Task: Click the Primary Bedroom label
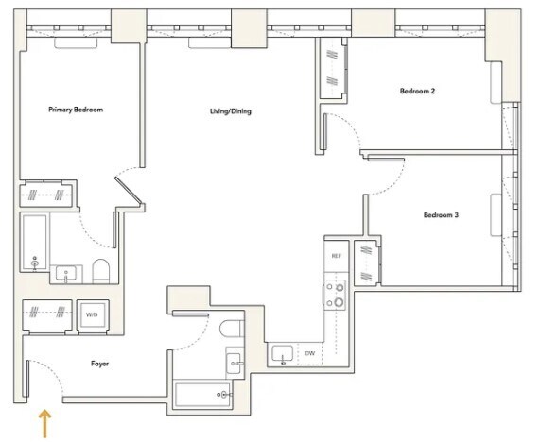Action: [76, 110]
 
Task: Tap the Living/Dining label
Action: [231, 111]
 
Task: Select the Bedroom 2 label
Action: [417, 91]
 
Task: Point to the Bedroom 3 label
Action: [441, 215]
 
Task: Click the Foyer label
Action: [99, 364]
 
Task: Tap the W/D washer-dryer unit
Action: [92, 314]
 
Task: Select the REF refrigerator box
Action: [337, 256]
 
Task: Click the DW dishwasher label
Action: [310, 353]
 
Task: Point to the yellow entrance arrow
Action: [44, 423]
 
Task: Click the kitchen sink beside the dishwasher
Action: [283, 354]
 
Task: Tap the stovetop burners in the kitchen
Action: [335, 294]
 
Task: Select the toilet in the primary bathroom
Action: [100, 271]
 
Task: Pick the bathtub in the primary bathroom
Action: [35, 243]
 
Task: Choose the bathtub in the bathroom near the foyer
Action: [202, 395]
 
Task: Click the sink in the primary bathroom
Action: [66, 274]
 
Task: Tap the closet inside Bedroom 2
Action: [332, 68]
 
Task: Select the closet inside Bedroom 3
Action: [367, 263]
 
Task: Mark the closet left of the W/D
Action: [47, 315]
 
